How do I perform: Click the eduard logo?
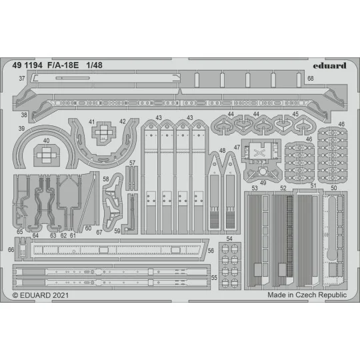329,65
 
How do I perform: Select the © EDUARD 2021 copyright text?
41,294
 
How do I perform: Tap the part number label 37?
22,79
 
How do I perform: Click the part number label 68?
329,79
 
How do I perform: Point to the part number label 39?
22,128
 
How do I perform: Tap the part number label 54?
229,239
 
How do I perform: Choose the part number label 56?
211,251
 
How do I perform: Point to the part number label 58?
107,180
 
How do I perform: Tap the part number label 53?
255,189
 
